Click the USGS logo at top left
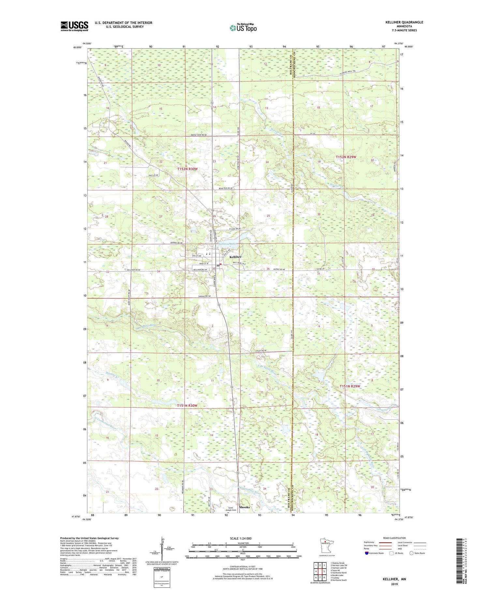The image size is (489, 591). (74, 26)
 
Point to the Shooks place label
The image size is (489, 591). (244, 507)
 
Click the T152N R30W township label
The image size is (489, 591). (187, 169)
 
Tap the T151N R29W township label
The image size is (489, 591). (350, 386)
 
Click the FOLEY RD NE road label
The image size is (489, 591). (261, 350)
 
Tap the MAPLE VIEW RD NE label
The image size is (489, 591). (199, 135)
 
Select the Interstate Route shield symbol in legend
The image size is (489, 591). (366, 553)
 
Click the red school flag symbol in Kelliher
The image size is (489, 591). (221, 264)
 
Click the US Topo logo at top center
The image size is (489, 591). (243, 28)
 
